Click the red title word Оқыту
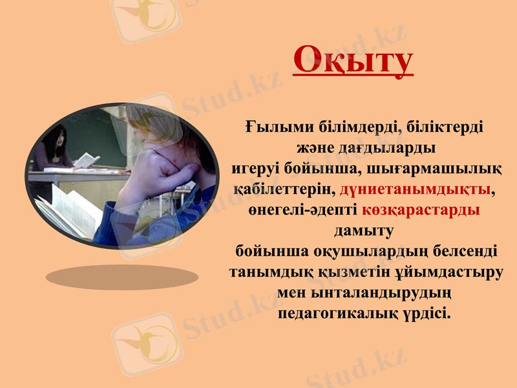[352, 60]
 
